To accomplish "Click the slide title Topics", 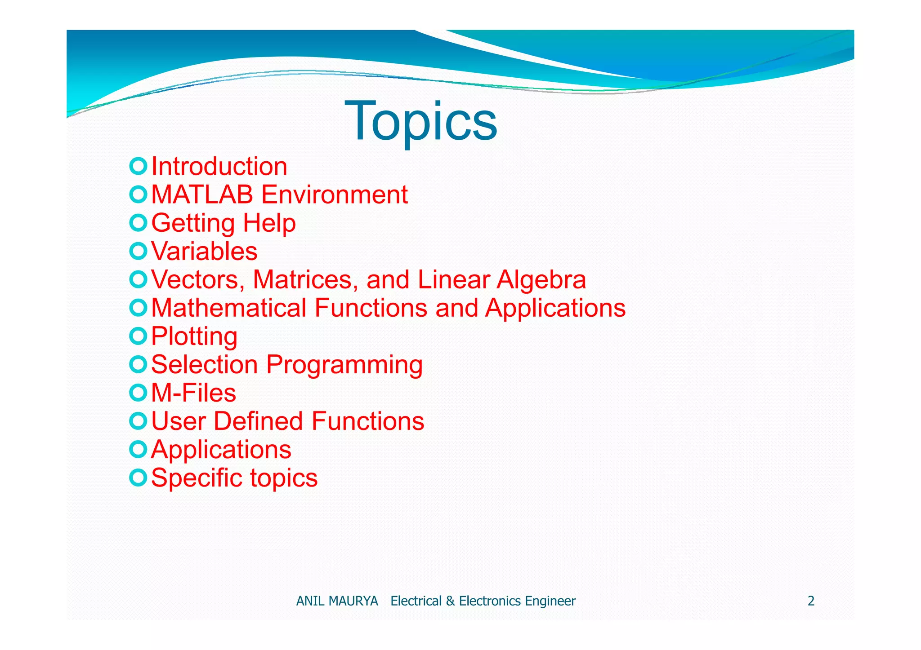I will (420, 121).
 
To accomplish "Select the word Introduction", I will (219, 167).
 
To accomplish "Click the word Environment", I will (335, 195).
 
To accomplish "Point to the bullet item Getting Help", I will (223, 223).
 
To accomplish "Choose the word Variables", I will (204, 251).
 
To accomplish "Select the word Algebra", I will (541, 279).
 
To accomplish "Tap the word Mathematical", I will (229, 308).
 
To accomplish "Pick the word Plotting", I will (194, 336).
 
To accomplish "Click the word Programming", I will (344, 365).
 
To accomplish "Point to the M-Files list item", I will (193, 393).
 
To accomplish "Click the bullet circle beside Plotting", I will (138, 336).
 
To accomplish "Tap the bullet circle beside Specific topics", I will (138, 477).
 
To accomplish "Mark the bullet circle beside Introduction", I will (138, 166).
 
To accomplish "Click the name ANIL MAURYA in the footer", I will (337, 601).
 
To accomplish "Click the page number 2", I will (811, 601).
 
